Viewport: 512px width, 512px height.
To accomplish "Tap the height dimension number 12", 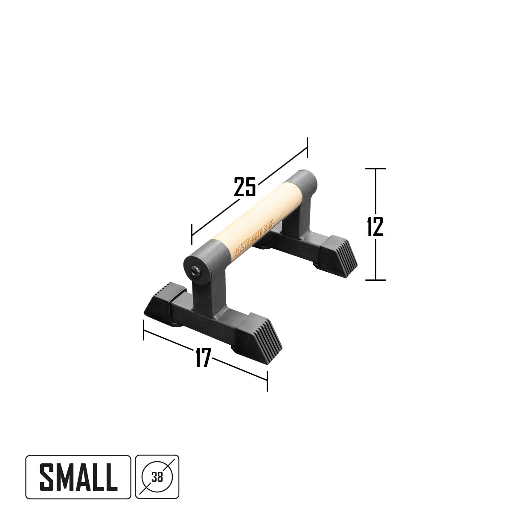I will click(375, 226).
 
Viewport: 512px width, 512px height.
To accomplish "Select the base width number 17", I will click(203, 357).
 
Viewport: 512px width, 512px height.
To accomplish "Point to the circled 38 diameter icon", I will click(157, 477).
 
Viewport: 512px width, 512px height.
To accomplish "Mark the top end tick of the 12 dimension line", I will click(375, 169).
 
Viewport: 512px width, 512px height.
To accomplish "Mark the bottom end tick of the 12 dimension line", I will click(375, 280).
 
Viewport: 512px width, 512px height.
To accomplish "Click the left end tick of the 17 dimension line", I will click(144, 330).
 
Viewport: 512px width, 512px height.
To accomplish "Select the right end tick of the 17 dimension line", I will click(267, 381).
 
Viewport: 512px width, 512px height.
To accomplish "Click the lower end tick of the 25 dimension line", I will click(192, 235).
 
